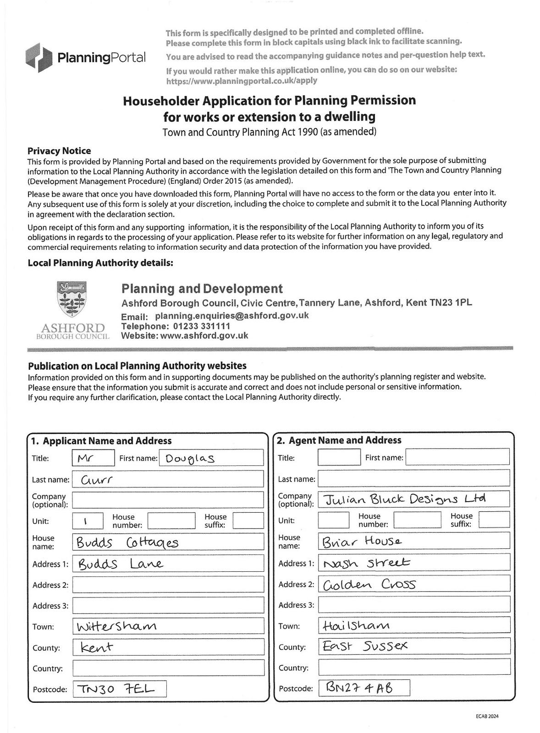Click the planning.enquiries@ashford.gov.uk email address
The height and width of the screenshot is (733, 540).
[x=231, y=316]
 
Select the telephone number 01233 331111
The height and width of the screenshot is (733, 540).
[x=201, y=326]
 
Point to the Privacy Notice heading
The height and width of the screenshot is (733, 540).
[x=59, y=151]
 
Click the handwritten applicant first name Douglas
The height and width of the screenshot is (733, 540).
[x=190, y=458]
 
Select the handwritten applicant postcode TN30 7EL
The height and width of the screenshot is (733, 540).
[x=116, y=689]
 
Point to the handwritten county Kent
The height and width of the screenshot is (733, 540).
[x=97, y=647]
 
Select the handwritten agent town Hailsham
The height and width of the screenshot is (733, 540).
[x=356, y=625]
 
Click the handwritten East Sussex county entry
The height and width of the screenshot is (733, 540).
[x=365, y=646]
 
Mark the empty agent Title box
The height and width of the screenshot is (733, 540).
[x=339, y=457]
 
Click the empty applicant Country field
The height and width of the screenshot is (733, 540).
[x=168, y=667]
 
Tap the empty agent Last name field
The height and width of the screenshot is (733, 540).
[x=413, y=478]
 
